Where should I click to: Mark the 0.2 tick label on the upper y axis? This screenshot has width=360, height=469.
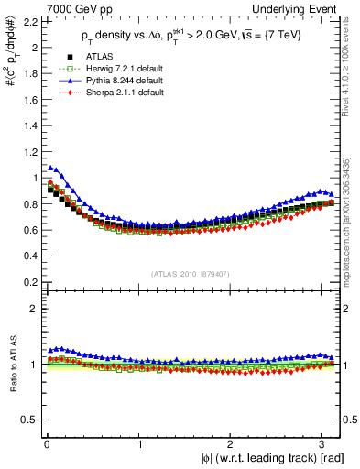pyautogui.click(x=27, y=282)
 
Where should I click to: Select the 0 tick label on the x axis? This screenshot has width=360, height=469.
pyautogui.click(x=45, y=445)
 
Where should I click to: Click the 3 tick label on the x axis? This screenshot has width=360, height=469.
pyautogui.click(x=327, y=445)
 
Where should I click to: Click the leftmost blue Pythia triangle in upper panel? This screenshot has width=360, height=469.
pyautogui.click(x=50, y=168)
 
